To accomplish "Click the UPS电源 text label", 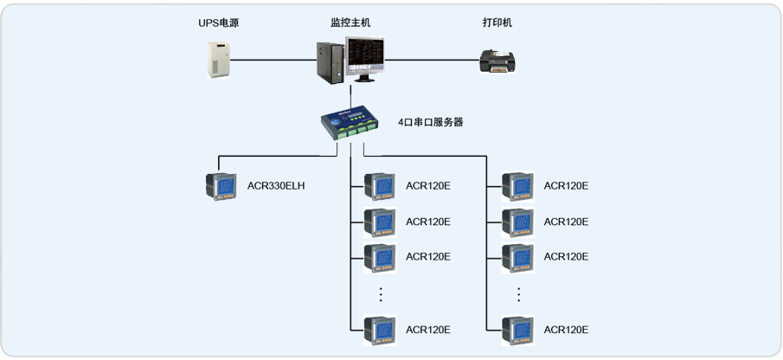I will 217,23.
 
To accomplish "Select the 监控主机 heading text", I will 350,23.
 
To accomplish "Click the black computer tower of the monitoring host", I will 330,62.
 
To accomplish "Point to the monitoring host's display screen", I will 367,56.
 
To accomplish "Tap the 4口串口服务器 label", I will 430,123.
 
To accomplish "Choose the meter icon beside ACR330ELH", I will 221,186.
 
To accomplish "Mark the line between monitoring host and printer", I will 433,60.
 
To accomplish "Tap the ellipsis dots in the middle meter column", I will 381,294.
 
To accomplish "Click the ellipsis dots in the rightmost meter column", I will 518,294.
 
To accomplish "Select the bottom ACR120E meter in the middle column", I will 379,330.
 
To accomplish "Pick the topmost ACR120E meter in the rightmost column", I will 517,186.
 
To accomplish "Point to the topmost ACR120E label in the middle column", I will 428,186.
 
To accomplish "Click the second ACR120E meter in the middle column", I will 379,222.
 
